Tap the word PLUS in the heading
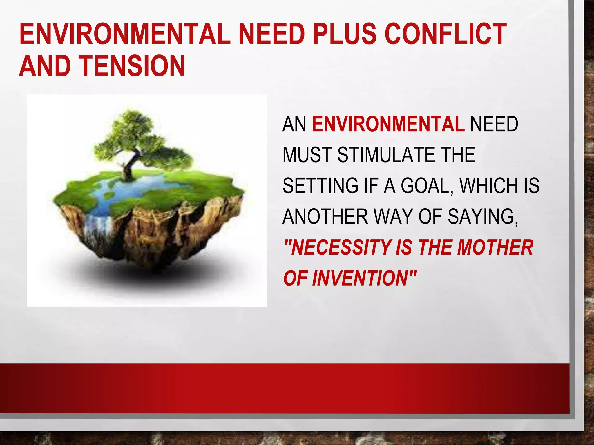click(x=345, y=34)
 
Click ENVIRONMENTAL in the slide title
click(x=125, y=34)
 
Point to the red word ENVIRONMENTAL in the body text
click(x=388, y=124)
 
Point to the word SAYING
click(x=483, y=217)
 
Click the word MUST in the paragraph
click(x=307, y=155)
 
